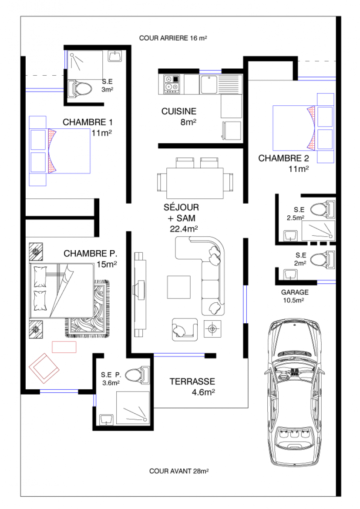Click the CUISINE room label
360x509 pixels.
coord(179,111)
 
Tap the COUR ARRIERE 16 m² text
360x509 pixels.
coord(173,38)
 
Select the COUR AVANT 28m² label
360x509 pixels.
coord(179,471)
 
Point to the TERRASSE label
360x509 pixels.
coord(192,382)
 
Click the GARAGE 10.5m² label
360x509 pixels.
coord(295,296)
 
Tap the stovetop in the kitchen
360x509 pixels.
coord(171,84)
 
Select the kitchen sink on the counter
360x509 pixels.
coord(208,84)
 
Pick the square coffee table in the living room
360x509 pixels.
coord(179,287)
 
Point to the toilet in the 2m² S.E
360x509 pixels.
coord(322,259)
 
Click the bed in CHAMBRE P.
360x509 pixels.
coord(62,291)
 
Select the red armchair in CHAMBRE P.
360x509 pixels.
coord(44,368)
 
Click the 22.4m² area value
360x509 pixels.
coord(184,229)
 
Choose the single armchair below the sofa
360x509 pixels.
coord(185,329)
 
